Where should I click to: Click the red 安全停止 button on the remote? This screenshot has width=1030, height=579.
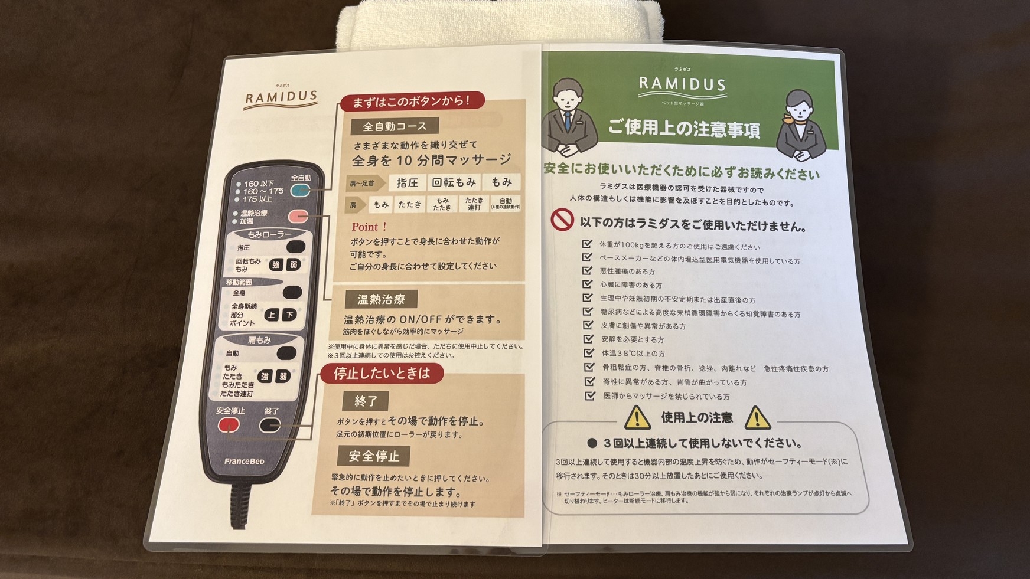coord(229,425)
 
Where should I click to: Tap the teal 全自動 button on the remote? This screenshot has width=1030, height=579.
coord(301,190)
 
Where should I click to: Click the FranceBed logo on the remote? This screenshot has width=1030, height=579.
coord(244,461)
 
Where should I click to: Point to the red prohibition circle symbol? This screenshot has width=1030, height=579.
coord(562,220)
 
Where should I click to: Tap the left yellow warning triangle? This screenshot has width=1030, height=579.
coord(637,418)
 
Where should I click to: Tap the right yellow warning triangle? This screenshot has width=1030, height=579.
coord(757,418)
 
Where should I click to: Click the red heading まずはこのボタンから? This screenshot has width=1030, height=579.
coord(412,102)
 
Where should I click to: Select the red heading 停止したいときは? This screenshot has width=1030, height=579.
coord(382,373)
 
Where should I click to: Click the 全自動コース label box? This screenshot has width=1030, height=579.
coord(395,126)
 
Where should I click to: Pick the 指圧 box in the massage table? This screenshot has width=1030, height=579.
coord(408,183)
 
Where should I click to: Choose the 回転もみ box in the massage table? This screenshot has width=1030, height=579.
coord(454,182)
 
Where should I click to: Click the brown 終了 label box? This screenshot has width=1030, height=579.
coord(366,401)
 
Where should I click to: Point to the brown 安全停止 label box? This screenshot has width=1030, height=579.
coord(374,456)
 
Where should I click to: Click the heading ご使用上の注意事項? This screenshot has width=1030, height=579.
coord(684,128)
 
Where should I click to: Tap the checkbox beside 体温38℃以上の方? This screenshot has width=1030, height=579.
coord(589,353)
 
